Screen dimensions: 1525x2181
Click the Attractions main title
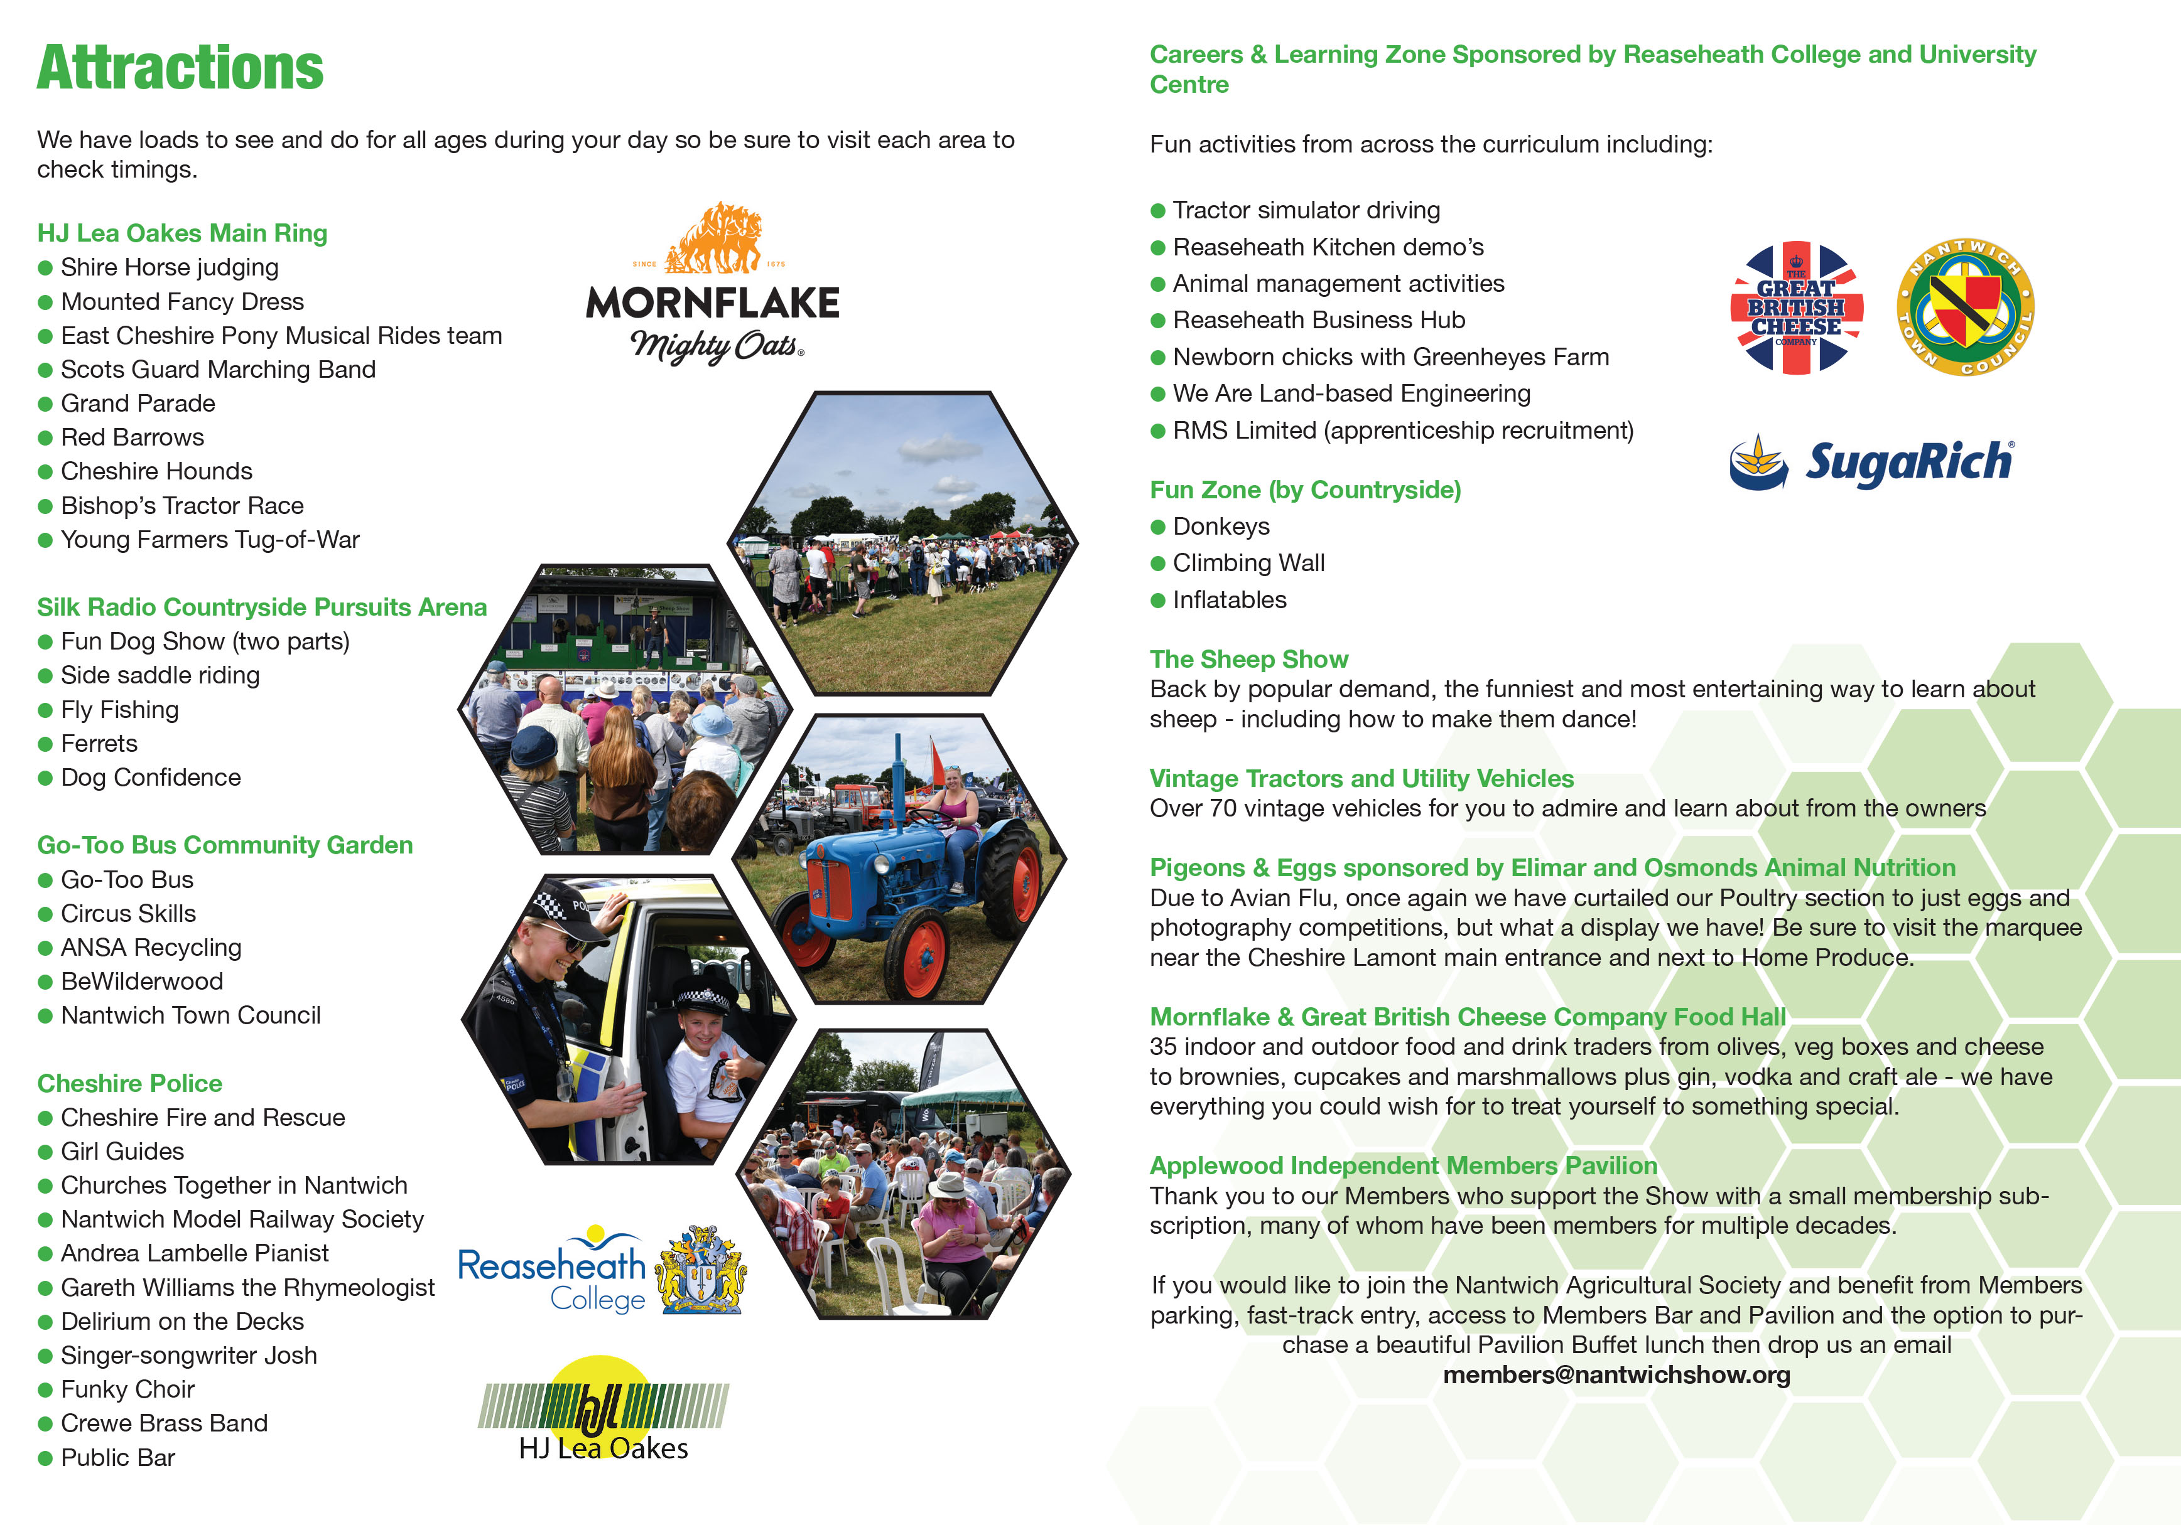click(x=180, y=68)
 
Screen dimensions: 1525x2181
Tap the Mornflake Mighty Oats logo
click(x=712, y=285)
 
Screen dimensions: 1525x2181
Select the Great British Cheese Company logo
click(x=1795, y=308)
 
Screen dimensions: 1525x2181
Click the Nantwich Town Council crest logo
click(x=1964, y=307)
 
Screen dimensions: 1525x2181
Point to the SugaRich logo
click(x=1870, y=463)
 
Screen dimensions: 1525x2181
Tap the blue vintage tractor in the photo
click(x=893, y=874)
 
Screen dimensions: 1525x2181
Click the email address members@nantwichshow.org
click(x=1616, y=1375)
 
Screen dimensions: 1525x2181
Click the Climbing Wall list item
click(x=1248, y=563)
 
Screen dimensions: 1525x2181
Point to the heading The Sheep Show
click(x=1248, y=659)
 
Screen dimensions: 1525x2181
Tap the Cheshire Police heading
click(x=130, y=1083)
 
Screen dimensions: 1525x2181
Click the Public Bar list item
click(x=118, y=1458)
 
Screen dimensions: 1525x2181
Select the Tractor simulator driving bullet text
click(x=1306, y=210)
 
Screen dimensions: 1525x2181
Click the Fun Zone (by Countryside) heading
click(x=1305, y=490)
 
